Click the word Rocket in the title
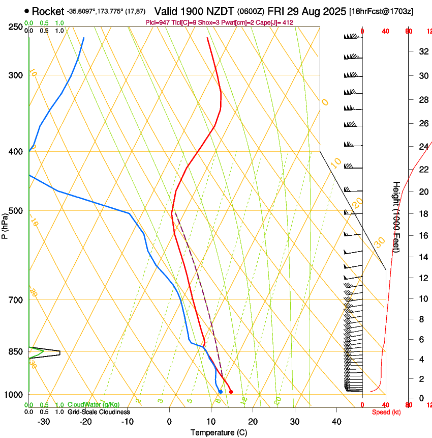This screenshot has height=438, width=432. (48, 11)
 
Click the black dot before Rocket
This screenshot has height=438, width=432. (27, 11)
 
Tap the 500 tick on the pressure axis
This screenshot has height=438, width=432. (15, 211)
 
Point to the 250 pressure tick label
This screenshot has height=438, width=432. (15, 26)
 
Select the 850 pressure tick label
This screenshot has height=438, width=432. (15, 351)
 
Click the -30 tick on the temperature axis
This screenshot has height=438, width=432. (44, 422)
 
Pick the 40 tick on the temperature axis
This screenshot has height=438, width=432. (336, 422)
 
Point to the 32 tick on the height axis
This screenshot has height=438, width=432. (422, 51)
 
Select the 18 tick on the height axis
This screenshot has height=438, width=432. (422, 214)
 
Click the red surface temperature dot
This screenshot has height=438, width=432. (231, 392)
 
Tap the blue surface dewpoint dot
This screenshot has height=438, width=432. (220, 392)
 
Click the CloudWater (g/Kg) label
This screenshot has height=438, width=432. (94, 405)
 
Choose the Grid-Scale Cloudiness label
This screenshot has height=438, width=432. (99, 412)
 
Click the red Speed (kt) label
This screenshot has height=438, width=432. (386, 412)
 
